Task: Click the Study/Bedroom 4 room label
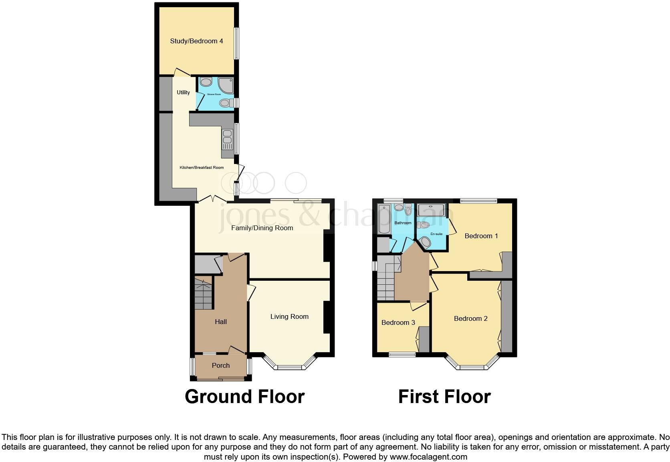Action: click(x=196, y=41)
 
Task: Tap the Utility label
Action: click(x=183, y=92)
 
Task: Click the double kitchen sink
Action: click(x=227, y=137)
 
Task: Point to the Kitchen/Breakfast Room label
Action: click(x=202, y=168)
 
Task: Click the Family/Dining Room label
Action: click(x=262, y=228)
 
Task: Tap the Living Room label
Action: click(x=289, y=316)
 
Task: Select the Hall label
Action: click(x=221, y=322)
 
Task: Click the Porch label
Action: click(x=221, y=365)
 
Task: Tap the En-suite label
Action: click(x=436, y=234)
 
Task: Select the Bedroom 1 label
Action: click(x=481, y=236)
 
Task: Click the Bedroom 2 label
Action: click(x=470, y=318)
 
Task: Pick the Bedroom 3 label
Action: click(x=398, y=322)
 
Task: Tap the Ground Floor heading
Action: click(x=244, y=396)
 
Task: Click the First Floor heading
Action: click(x=444, y=396)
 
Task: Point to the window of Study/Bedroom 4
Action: click(x=236, y=43)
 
